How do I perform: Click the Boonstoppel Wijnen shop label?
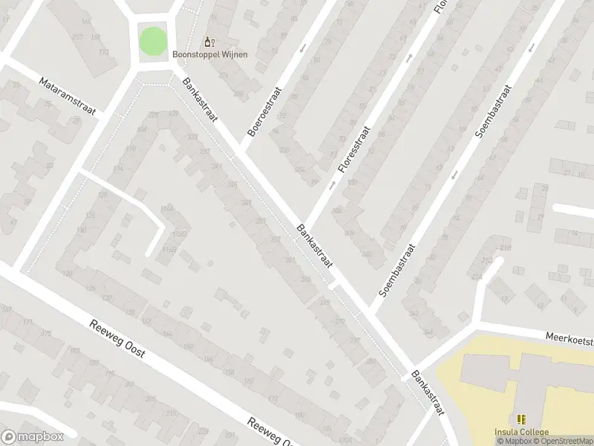coord(210,54)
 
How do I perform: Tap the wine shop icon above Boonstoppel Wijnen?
coord(209,41)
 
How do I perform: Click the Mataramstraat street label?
coord(68,97)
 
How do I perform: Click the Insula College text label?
coord(522,433)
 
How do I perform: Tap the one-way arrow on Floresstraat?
coord(408,57)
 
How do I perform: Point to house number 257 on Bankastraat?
coord(261,222)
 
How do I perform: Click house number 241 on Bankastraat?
coord(217,167)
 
